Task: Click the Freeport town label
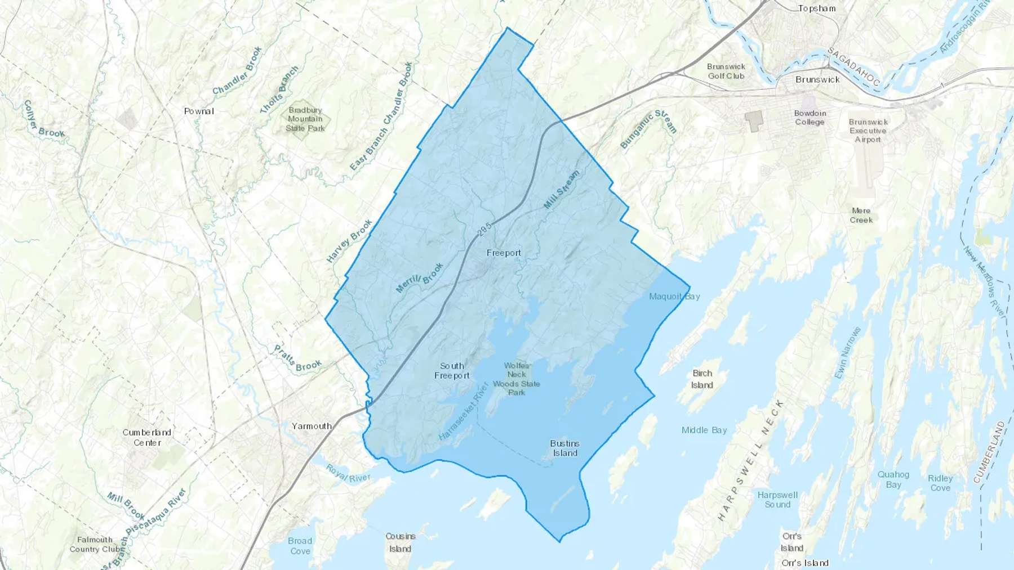pyautogui.click(x=504, y=253)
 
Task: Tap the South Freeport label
pyautogui.click(x=452, y=371)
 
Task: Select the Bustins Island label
pyautogui.click(x=564, y=448)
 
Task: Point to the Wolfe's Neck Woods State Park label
pyautogui.click(x=516, y=379)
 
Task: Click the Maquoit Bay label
pyautogui.click(x=674, y=297)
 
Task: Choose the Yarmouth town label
pyautogui.click(x=312, y=426)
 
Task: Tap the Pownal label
pyautogui.click(x=199, y=111)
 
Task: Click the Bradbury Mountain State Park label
pyautogui.click(x=305, y=119)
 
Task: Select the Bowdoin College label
pyautogui.click(x=810, y=118)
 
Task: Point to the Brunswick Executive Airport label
pyautogui.click(x=868, y=131)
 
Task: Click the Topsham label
pyautogui.click(x=817, y=8)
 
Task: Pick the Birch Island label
pyautogui.click(x=702, y=379)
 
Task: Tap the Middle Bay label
pyautogui.click(x=704, y=430)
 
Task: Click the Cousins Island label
pyautogui.click(x=401, y=542)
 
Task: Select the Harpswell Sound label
pyautogui.click(x=777, y=500)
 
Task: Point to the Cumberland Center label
pyautogui.click(x=147, y=438)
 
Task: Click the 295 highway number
pyautogui.click(x=484, y=230)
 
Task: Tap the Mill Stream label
pyautogui.click(x=561, y=190)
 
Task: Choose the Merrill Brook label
pyautogui.click(x=420, y=278)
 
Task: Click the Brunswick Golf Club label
pyautogui.click(x=726, y=71)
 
